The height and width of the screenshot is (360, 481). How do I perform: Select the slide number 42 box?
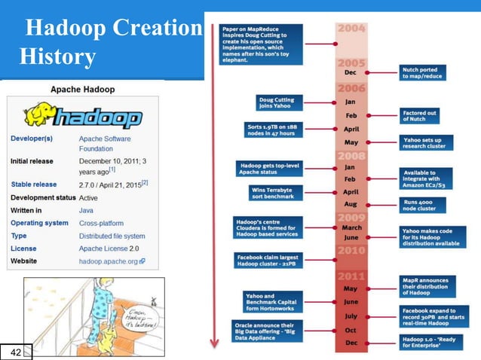coord(15,351)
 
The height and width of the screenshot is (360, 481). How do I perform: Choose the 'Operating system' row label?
coord(39,223)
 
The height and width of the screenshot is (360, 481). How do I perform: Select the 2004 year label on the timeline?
coord(352,29)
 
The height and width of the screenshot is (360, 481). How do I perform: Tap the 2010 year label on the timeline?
coord(352,250)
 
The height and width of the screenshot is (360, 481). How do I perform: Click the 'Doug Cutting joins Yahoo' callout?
coord(279,102)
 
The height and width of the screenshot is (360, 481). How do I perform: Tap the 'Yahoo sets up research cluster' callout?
coord(427,142)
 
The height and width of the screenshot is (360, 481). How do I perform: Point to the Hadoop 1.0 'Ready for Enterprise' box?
coord(427,343)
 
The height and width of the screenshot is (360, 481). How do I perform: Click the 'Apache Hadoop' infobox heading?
coord(82,89)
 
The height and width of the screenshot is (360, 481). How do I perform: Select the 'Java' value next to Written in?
coord(87,211)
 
